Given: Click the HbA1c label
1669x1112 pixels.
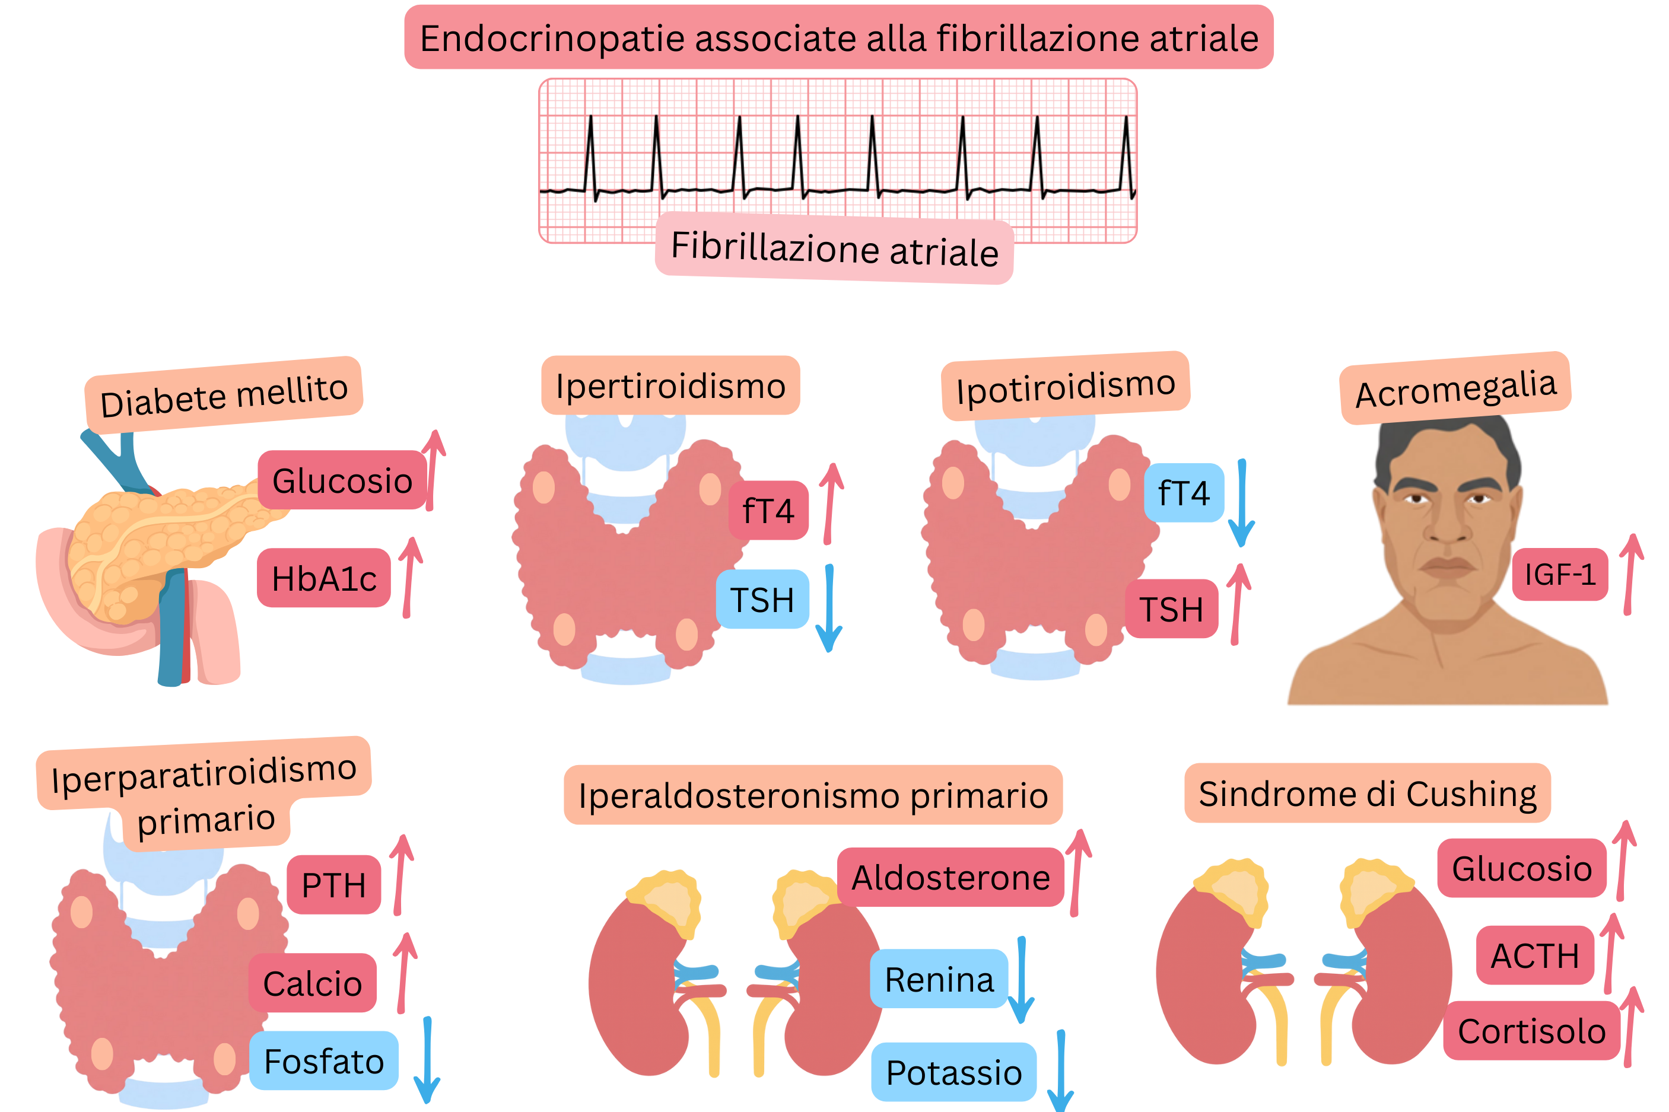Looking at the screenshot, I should (323, 578).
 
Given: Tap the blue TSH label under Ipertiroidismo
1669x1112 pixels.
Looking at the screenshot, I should (762, 599).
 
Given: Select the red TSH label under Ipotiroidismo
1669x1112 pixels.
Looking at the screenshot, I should (1171, 608).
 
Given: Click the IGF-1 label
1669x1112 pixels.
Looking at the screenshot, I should (1559, 575).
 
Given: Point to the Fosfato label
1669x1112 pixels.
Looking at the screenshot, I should (323, 1061).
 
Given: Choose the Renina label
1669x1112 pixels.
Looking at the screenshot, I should (939, 979).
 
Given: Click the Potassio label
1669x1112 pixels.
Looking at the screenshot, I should (953, 1072).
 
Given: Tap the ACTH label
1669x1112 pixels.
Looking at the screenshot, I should (1534, 955).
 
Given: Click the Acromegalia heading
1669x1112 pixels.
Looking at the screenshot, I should (1455, 388).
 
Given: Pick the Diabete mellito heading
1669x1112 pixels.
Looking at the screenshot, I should (224, 395).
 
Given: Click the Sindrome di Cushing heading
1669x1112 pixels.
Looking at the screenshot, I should (1367, 793).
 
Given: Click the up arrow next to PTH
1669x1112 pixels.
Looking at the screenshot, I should (402, 874).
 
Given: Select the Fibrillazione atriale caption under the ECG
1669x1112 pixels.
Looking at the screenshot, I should (834, 248).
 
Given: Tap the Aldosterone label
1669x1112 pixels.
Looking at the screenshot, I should (950, 877).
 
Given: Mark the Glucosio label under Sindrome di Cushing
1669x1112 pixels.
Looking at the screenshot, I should (1521, 868).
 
